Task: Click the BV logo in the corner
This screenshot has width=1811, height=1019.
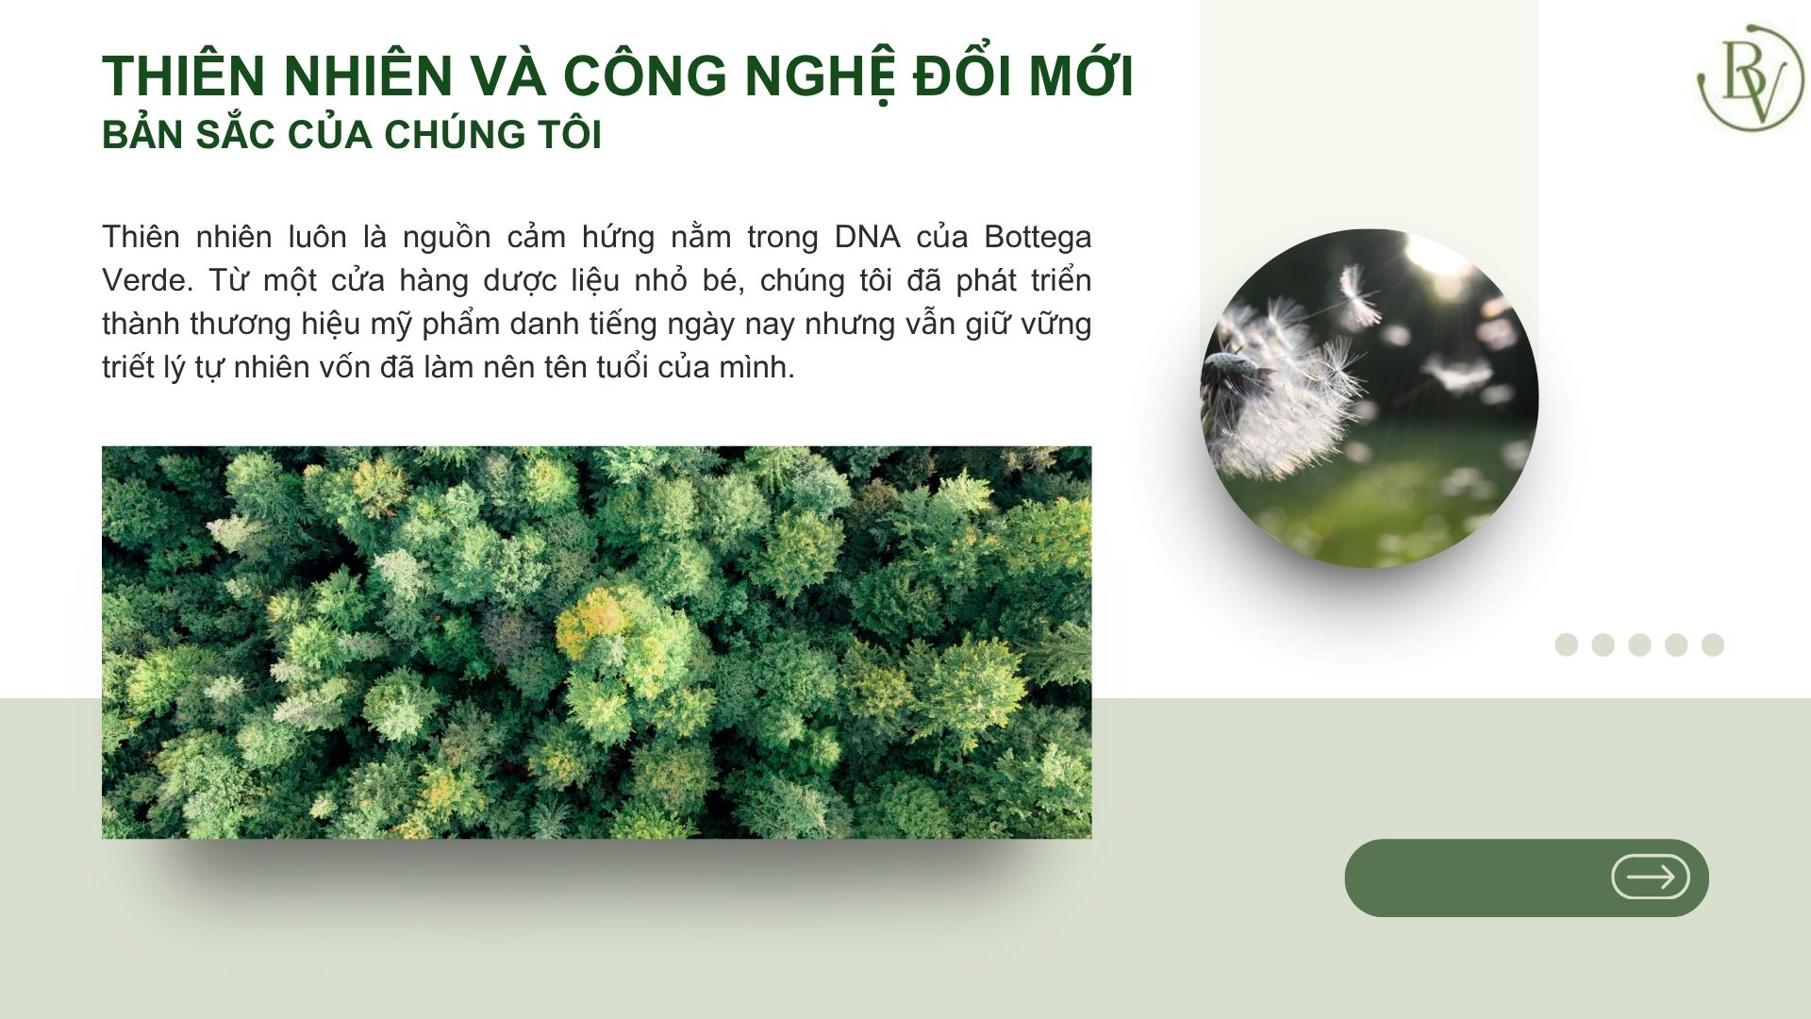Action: [1750, 77]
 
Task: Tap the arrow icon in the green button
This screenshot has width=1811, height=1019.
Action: [1650, 877]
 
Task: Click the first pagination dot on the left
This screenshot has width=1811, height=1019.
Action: [1567, 644]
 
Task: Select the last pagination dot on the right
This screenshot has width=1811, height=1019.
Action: [1713, 644]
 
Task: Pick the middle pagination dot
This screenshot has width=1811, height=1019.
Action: [1640, 644]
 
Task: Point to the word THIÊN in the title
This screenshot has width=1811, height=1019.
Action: [185, 75]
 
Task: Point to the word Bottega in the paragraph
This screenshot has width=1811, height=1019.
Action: [1038, 238]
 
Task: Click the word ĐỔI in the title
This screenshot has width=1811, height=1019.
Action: [961, 75]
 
